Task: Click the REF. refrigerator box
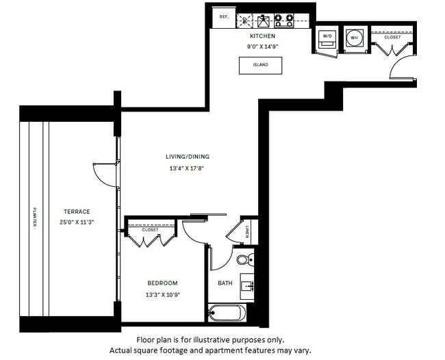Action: coord(224,17)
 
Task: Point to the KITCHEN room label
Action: coord(262,36)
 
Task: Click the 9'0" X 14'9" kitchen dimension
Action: coord(263,47)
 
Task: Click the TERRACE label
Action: coord(77,211)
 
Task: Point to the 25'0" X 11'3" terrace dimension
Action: coord(77,222)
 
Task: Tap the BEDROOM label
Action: coord(162,283)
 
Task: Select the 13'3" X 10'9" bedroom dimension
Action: coord(162,294)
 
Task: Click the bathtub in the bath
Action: coord(227,313)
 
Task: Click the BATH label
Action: coord(225,283)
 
